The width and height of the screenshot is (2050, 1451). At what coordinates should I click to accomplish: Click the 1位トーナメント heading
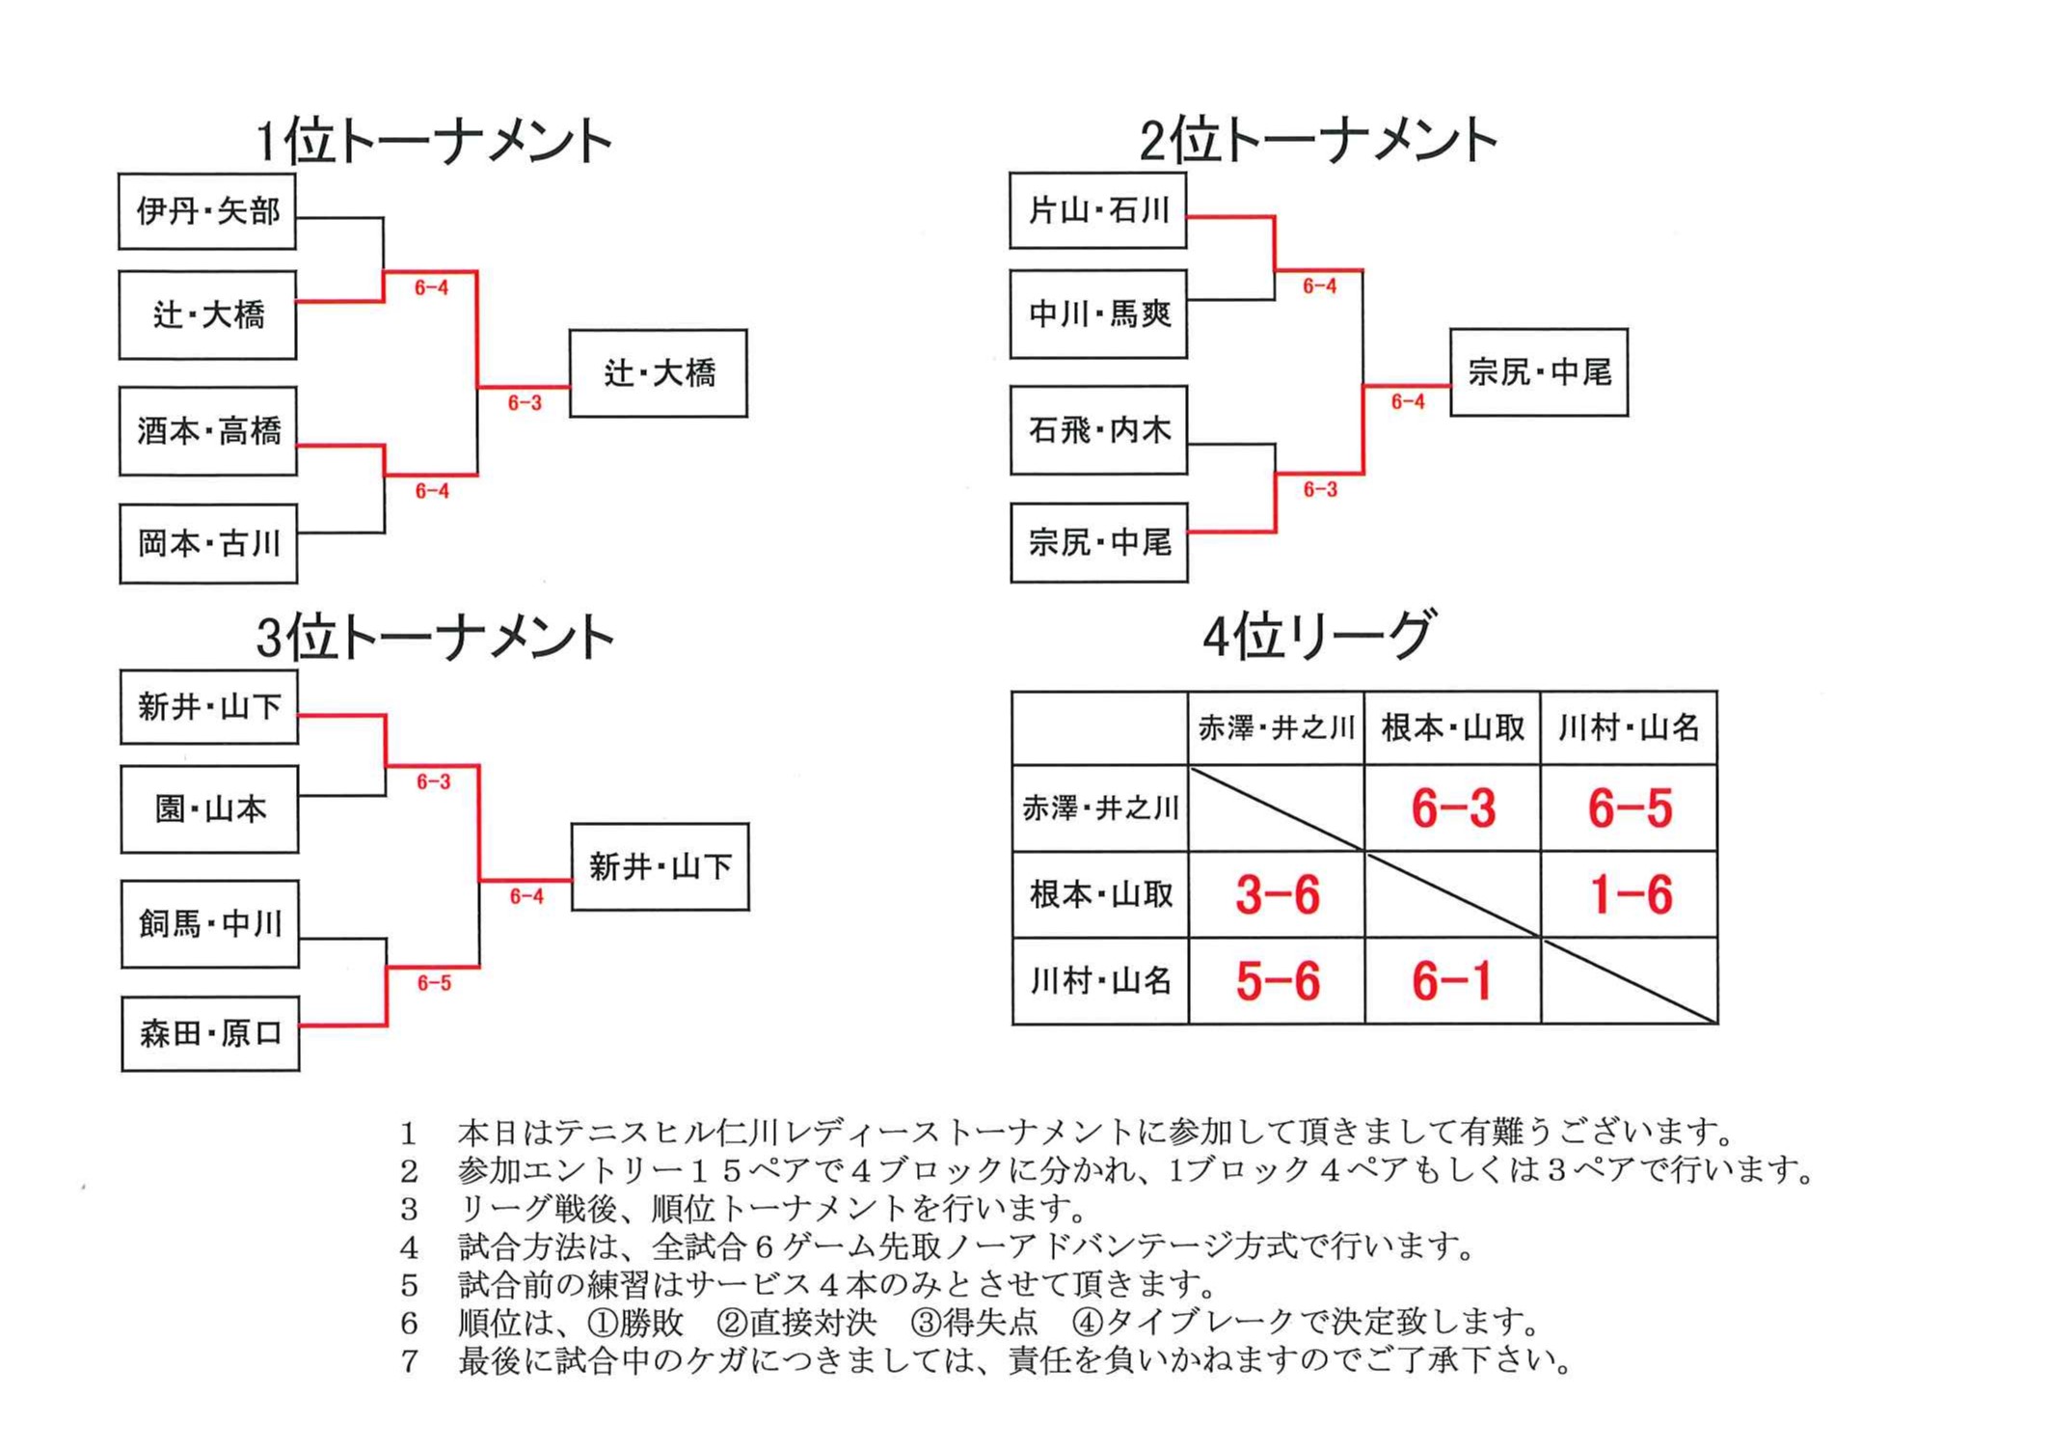pos(434,142)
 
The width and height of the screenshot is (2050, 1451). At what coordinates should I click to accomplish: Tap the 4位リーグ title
pos(1318,637)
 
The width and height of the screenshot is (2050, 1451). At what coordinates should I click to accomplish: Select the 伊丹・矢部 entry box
pos(207,211)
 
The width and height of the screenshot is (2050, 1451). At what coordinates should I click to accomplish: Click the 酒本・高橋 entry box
pos(208,431)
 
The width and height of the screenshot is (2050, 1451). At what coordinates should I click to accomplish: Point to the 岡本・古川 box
pos(208,544)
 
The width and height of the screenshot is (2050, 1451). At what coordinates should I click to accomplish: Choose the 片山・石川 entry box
pos(1098,210)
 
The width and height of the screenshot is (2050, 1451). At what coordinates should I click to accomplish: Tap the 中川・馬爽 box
pos(1098,315)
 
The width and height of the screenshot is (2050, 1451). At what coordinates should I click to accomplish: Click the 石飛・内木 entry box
pos(1099,430)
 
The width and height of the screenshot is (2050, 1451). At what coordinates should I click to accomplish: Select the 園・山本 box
pos(209,809)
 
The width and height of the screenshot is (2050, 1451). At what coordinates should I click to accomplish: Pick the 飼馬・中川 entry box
pos(210,924)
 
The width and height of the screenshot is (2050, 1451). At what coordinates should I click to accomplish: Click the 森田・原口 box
pos(210,1034)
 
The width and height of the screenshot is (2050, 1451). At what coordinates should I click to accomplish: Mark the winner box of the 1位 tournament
pos(659,373)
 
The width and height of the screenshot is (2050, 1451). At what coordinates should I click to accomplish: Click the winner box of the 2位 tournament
pos(1539,372)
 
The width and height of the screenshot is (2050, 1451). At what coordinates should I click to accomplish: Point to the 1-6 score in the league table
pos(1630,894)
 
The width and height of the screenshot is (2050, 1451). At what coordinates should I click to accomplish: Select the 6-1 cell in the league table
pos(1452,981)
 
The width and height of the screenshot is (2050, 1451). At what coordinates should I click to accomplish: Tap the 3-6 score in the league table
pos(1277,894)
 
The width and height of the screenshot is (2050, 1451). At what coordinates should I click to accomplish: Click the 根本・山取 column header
pos(1452,727)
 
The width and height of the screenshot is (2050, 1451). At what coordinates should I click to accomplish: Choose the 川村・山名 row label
pos(1100,981)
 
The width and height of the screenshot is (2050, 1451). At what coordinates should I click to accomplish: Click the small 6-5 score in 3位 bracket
pos(434,983)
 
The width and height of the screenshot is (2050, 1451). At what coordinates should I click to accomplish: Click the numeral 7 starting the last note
pos(410,1361)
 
